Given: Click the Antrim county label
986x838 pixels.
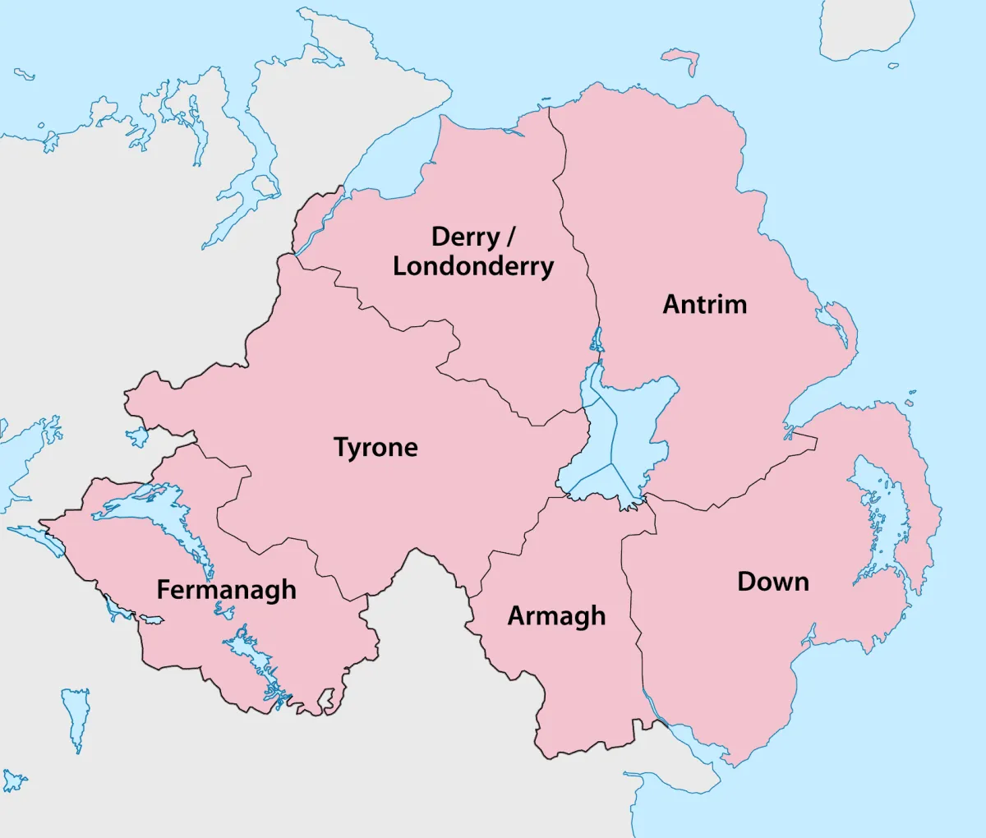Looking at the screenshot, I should click(705, 305).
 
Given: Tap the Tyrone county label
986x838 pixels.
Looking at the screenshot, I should click(376, 448).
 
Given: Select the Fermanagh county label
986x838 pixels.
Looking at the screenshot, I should click(226, 590).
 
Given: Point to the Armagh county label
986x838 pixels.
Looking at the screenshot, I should click(556, 616).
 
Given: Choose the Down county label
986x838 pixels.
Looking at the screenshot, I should click(773, 582).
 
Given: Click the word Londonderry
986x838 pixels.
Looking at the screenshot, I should click(473, 266).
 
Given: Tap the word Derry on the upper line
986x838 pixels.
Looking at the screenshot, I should click(466, 237).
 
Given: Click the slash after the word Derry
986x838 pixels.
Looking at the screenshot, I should click(510, 237).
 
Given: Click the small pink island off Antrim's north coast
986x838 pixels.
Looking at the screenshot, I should click(682, 58).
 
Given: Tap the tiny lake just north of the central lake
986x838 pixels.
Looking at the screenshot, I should click(597, 338).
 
